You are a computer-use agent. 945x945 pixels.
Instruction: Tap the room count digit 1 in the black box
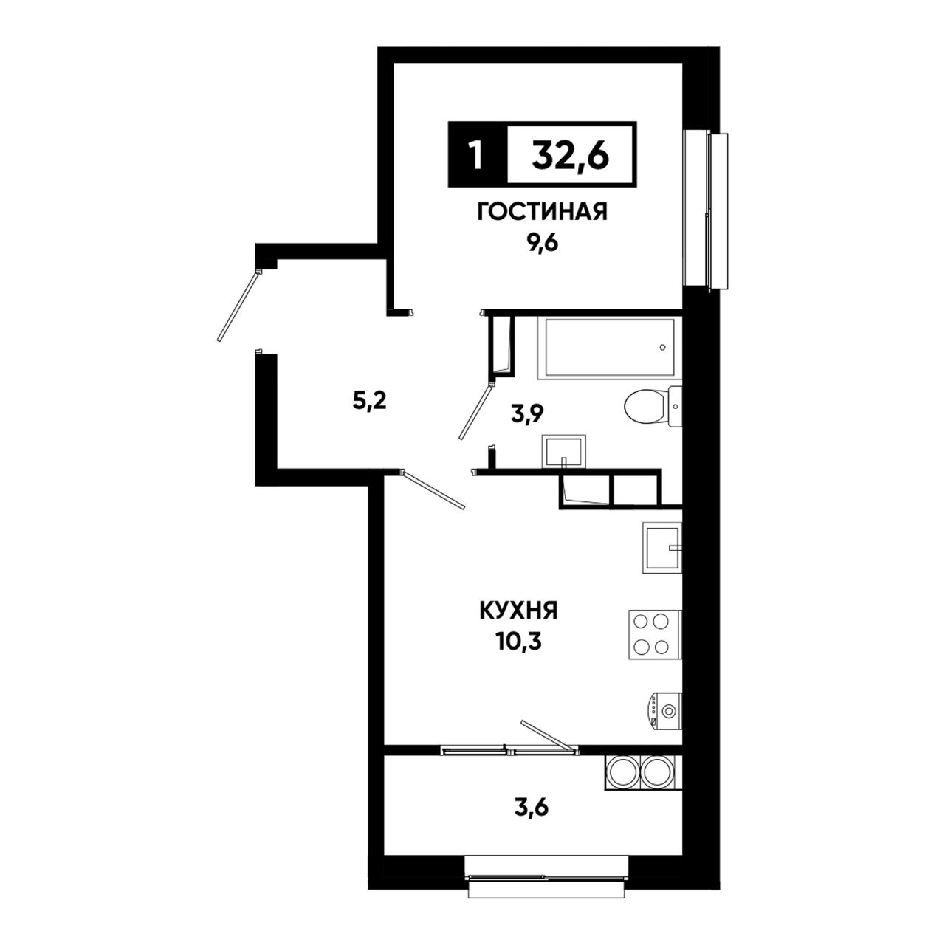pos(475,154)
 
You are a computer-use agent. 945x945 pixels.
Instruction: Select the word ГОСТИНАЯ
pos(543,212)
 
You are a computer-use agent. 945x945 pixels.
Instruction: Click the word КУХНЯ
pos(518,611)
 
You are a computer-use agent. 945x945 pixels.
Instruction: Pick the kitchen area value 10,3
pos(518,642)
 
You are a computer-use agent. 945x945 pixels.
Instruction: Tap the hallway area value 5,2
pos(370,402)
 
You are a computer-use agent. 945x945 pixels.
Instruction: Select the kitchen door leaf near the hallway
pos(433,490)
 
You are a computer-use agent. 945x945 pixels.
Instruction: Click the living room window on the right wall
pos(706,211)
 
